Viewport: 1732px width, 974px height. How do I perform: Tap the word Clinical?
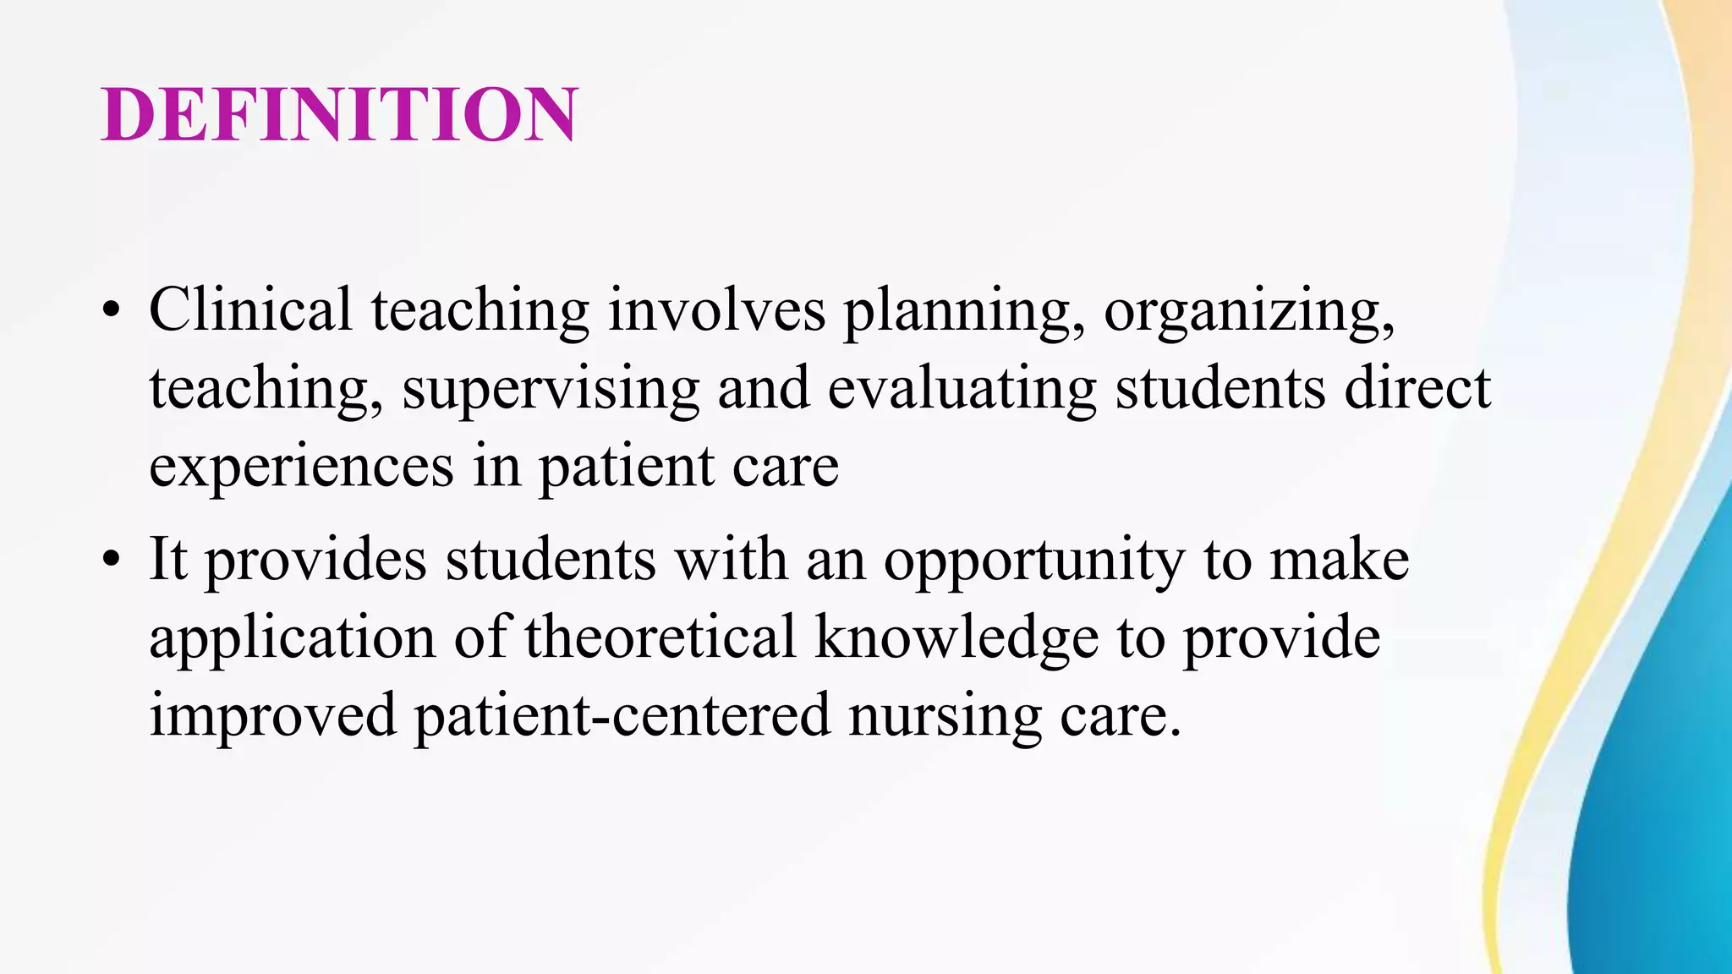tap(250, 309)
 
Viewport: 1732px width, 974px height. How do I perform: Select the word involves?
tap(716, 309)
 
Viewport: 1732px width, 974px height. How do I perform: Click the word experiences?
tap(301, 468)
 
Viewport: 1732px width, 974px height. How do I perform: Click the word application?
tap(293, 639)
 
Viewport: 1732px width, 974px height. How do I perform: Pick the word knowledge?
tap(956, 639)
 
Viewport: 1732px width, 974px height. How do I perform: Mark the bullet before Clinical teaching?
tap(111, 310)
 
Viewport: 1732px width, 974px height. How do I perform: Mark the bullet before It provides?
tap(111, 560)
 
